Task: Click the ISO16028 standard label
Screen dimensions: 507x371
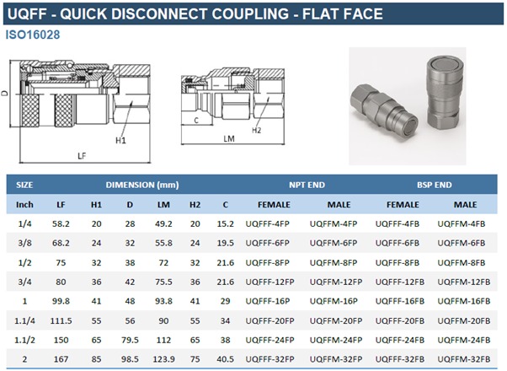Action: coord(33,35)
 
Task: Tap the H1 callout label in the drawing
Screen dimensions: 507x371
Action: coord(120,140)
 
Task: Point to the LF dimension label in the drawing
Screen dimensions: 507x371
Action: coord(82,156)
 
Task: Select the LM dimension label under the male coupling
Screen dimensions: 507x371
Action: coord(229,138)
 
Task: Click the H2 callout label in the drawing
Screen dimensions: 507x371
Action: coord(256,130)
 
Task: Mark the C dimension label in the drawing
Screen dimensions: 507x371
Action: coord(196,121)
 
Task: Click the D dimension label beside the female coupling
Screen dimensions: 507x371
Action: coord(4,93)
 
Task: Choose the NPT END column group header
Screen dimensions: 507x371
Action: coord(307,185)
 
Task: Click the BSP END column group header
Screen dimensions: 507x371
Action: coord(434,185)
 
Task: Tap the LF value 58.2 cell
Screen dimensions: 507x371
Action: coord(61,223)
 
